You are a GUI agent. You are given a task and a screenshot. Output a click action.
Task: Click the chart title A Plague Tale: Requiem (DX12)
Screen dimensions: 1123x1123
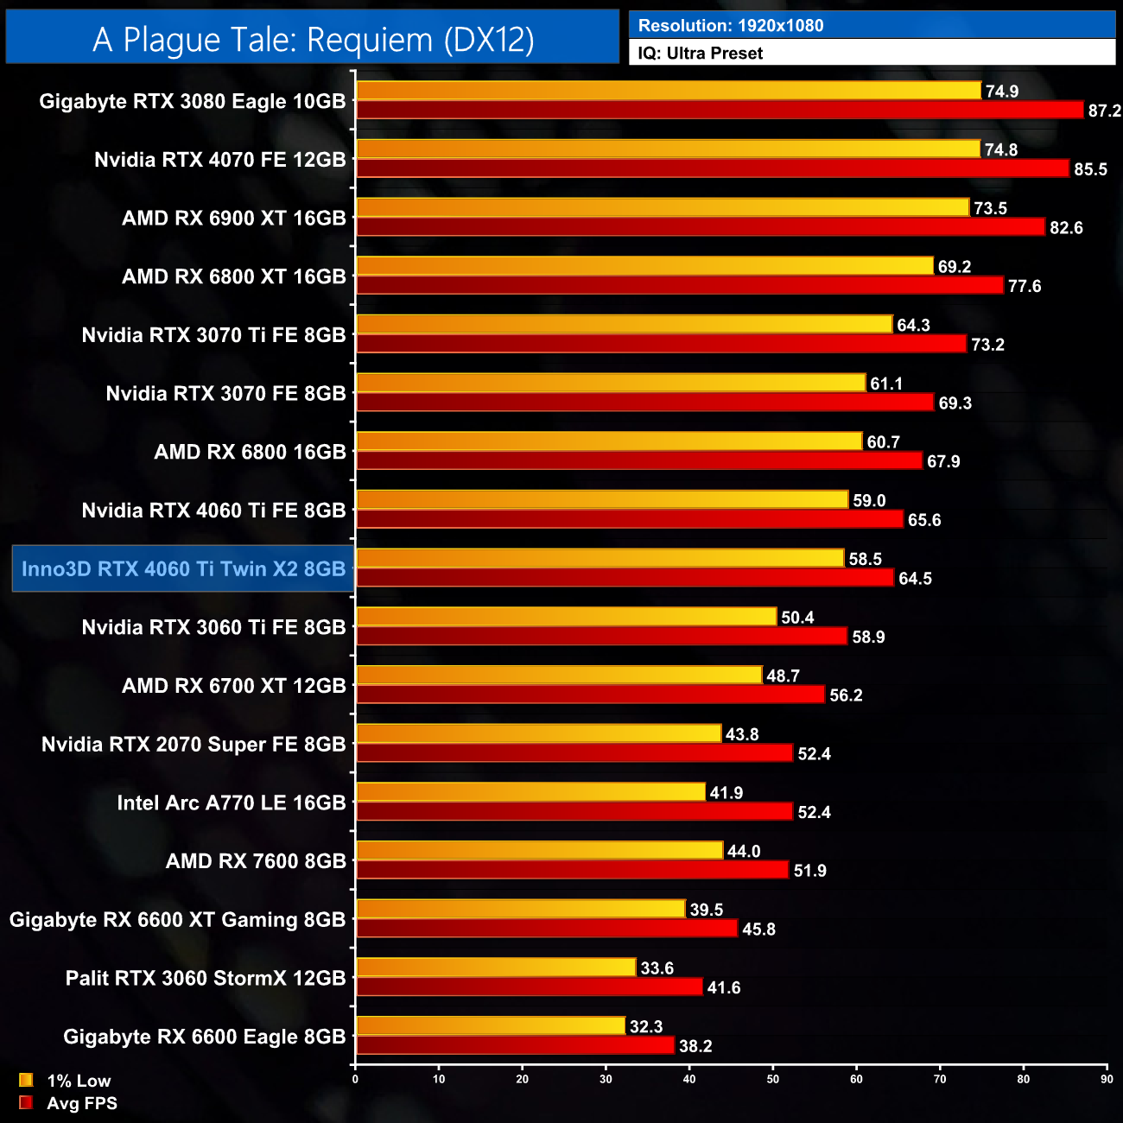313,40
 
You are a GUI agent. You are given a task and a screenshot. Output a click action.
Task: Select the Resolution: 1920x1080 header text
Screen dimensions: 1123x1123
731,26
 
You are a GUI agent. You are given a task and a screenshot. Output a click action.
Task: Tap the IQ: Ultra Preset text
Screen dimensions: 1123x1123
701,54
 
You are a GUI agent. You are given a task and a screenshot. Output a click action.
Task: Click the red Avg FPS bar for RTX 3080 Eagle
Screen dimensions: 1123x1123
720,110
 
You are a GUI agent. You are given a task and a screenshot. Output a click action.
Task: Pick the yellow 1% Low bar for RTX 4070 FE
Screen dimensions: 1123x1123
669,149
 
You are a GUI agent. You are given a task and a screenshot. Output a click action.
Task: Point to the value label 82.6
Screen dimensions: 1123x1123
1066,228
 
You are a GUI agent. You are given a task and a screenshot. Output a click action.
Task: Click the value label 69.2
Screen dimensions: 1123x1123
955,267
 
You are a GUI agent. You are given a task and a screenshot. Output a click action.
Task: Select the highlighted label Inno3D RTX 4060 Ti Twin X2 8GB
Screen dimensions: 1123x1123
183,569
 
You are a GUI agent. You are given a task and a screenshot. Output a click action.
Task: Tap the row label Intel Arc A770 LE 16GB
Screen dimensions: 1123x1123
232,803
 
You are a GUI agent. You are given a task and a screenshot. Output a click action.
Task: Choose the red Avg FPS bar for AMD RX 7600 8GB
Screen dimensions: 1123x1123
573,870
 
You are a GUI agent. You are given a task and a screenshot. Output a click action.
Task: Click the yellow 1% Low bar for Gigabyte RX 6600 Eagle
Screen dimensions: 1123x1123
491,1025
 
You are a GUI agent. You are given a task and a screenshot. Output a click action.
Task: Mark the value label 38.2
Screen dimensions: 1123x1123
695,1047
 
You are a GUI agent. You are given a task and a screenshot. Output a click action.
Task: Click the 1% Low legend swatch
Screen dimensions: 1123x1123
26,1080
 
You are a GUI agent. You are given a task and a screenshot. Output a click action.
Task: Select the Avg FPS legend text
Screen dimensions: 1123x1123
82,1103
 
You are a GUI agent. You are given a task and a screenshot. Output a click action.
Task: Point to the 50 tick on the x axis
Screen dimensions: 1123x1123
773,1079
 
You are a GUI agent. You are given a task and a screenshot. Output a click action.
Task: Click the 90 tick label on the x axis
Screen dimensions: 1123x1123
1107,1079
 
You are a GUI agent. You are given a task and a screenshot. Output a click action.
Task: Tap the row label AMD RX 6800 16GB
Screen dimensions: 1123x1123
250,452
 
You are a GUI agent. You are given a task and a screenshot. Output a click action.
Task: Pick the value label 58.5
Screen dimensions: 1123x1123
865,559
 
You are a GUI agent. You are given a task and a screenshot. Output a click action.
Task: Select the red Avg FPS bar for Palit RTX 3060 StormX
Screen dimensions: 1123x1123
530,987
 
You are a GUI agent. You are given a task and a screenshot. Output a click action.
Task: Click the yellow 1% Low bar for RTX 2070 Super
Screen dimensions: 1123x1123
539,733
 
